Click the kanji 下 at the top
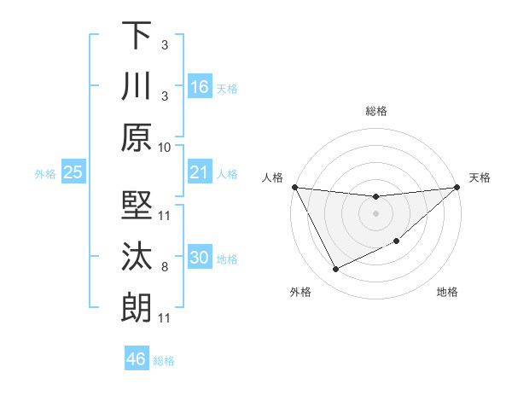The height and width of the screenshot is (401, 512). pyautogui.click(x=137, y=35)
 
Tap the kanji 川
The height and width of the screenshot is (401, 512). pyautogui.click(x=137, y=86)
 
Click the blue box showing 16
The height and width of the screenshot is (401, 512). pyautogui.click(x=199, y=86)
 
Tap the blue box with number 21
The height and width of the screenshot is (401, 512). pyautogui.click(x=199, y=172)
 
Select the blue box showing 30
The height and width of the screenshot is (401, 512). pyautogui.click(x=199, y=259)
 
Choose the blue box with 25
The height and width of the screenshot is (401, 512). pyautogui.click(x=73, y=172)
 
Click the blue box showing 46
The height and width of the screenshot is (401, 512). pyautogui.click(x=137, y=358)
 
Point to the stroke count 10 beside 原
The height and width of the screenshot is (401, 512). pyautogui.click(x=165, y=147)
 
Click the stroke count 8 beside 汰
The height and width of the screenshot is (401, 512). pyautogui.click(x=165, y=267)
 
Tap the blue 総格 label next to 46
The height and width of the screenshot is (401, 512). pyautogui.click(x=164, y=361)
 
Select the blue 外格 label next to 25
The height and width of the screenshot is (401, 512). pyautogui.click(x=45, y=174)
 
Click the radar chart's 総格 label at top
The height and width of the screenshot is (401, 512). pyautogui.click(x=375, y=111)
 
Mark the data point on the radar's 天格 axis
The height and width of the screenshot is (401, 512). pyautogui.click(x=457, y=188)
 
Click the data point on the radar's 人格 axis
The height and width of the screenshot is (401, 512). pyautogui.click(x=294, y=187)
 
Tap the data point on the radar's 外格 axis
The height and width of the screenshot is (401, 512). pyautogui.click(x=335, y=270)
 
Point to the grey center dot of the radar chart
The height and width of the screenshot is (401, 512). pyautogui.click(x=375, y=213)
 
